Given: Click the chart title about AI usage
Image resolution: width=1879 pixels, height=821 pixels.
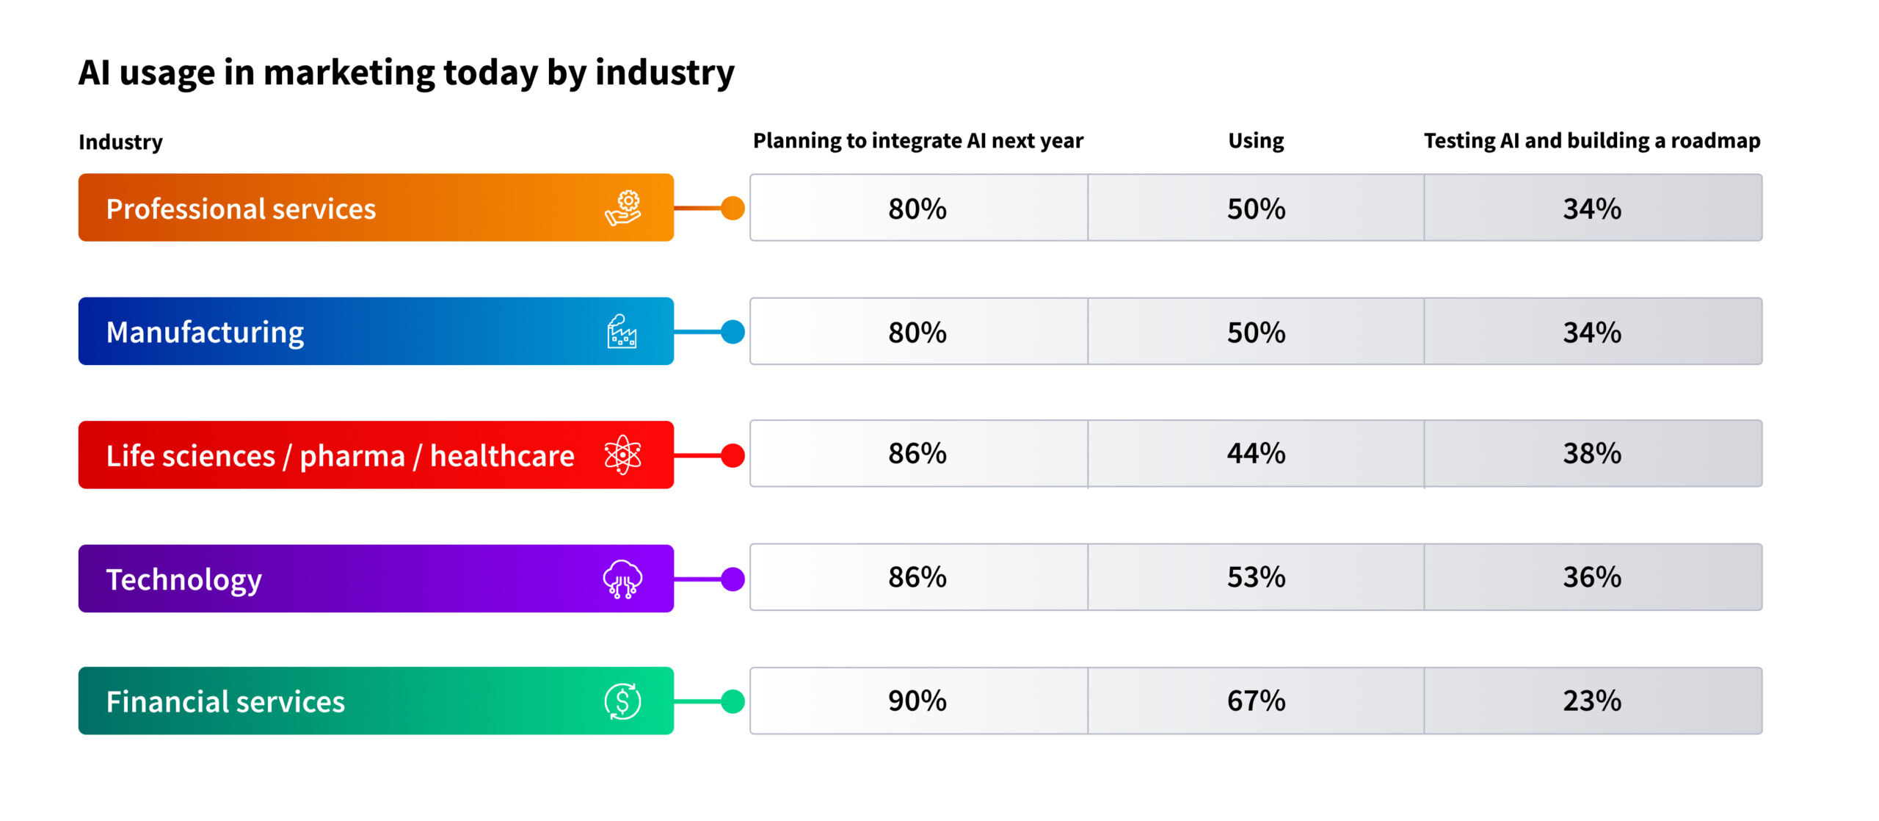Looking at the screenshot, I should [406, 73].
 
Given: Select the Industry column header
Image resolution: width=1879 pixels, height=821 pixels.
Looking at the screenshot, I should [120, 142].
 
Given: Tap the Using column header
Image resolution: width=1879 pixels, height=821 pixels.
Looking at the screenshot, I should [1256, 140].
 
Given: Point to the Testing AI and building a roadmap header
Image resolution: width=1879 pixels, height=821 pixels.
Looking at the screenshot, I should [1592, 140].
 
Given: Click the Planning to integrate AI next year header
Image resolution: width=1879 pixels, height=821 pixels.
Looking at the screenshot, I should [917, 140].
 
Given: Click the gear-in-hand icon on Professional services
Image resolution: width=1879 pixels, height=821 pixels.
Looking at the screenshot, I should [623, 208].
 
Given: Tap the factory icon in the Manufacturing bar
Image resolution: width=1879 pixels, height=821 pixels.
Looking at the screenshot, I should [622, 332].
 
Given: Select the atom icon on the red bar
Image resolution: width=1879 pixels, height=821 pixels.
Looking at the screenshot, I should [622, 455].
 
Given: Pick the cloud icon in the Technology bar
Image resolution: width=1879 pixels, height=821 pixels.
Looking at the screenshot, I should [622, 579].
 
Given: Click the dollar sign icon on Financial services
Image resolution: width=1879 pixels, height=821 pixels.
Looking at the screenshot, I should [622, 701].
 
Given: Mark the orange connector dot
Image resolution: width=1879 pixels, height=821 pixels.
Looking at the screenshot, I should [733, 209].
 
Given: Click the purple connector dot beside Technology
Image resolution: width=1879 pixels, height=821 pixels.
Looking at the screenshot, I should [733, 579].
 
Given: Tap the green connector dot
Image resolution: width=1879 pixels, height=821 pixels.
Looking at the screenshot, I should [733, 702].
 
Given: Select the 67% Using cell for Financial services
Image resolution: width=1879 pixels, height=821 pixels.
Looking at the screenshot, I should [1256, 701].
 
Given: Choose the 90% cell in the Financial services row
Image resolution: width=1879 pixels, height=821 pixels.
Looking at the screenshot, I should [917, 701].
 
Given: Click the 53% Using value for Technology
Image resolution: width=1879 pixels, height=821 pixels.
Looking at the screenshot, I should [1256, 577].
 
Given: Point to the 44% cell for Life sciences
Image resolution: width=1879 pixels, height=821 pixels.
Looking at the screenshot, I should [1256, 454].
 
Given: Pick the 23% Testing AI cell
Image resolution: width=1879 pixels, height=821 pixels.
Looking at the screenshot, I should [1592, 701].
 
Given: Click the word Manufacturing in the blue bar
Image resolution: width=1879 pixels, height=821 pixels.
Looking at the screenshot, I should [205, 333].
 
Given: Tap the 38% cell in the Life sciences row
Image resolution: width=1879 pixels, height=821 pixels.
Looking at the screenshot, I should [1592, 454].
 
